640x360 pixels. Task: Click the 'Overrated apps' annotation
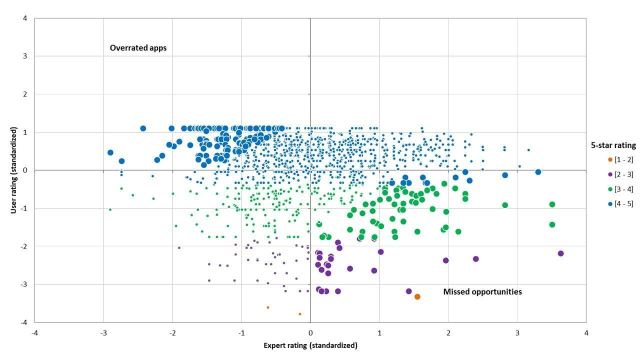point(138,48)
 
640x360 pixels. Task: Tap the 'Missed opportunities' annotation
point(482,291)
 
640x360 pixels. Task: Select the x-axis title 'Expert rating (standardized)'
point(310,345)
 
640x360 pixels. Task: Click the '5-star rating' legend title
point(613,145)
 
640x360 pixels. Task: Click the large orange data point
point(417,296)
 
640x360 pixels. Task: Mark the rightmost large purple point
point(560,253)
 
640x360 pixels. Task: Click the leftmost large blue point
point(110,152)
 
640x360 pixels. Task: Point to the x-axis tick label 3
point(517,333)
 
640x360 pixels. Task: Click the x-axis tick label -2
point(172,333)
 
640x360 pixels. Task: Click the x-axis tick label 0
point(310,333)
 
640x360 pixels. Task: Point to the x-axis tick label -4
point(34,333)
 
